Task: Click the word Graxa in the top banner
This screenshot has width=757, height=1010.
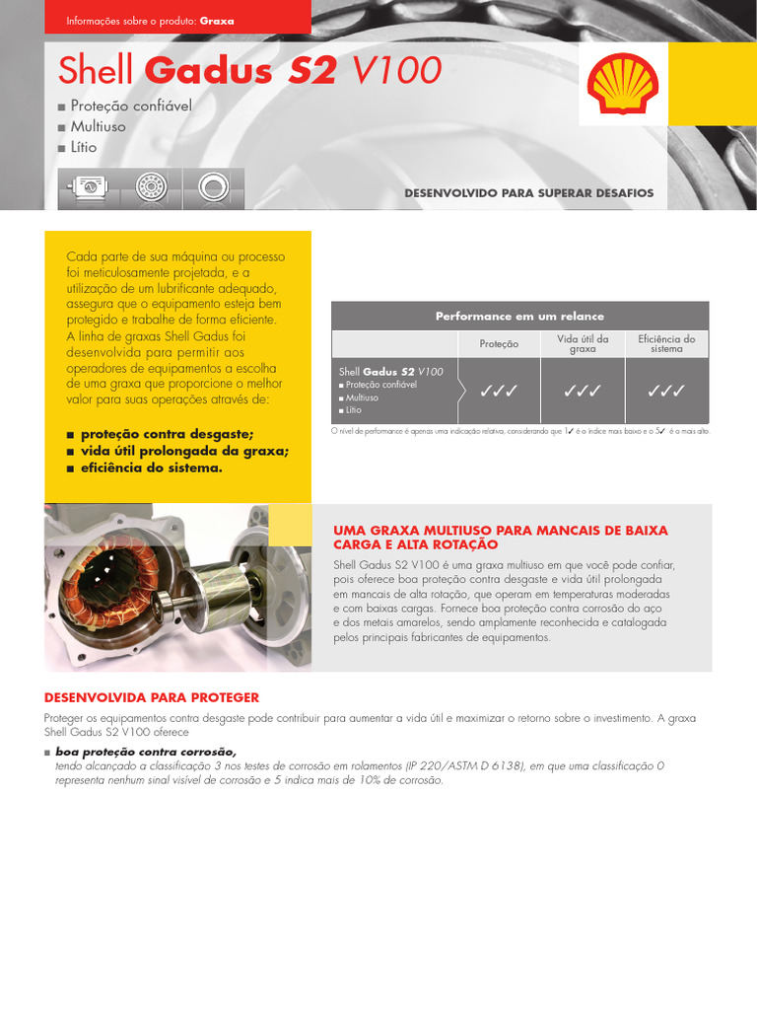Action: (x=216, y=20)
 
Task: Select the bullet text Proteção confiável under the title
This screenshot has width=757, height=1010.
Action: (x=130, y=105)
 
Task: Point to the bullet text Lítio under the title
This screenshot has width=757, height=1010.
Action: (x=84, y=148)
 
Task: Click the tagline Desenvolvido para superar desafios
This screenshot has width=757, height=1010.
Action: (x=528, y=193)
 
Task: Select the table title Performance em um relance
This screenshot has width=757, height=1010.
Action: (x=519, y=317)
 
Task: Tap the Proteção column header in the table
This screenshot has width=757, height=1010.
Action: (x=499, y=344)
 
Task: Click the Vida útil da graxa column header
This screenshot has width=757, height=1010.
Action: (x=583, y=343)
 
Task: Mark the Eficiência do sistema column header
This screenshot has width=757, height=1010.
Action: (x=666, y=343)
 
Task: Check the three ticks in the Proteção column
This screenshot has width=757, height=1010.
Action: (x=499, y=392)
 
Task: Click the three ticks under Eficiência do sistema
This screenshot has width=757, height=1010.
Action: (x=666, y=392)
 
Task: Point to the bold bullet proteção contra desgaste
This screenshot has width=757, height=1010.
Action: (x=167, y=433)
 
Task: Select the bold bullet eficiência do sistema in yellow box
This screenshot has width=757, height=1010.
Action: (x=151, y=468)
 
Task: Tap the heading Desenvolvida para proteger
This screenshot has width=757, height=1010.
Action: (x=152, y=697)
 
